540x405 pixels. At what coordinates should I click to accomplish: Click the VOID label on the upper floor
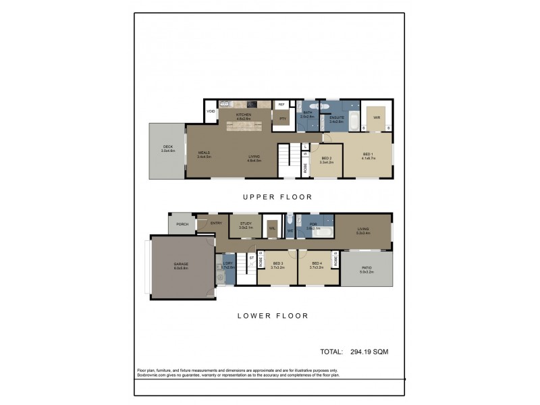(211, 111)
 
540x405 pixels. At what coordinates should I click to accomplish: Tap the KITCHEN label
(243, 115)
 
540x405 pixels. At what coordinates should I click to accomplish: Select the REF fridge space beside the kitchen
(281, 105)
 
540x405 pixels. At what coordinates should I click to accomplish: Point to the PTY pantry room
(282, 119)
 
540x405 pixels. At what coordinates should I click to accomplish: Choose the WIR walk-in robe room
(376, 117)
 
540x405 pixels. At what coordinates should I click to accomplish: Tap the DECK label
(168, 148)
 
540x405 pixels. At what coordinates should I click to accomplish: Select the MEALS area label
(205, 154)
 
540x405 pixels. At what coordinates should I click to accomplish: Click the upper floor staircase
(288, 162)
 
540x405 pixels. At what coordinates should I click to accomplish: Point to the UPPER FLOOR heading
(277, 197)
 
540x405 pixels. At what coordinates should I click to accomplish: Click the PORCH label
(182, 224)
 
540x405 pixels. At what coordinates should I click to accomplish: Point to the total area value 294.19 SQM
(369, 352)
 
